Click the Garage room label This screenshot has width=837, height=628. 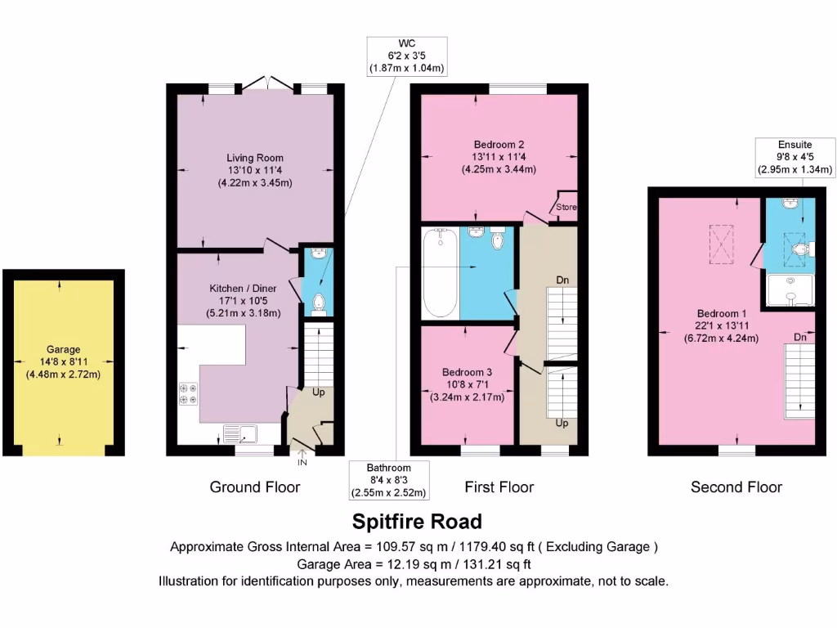(62, 362)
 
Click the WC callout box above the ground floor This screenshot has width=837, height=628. (406, 56)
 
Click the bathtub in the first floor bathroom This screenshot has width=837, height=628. (441, 272)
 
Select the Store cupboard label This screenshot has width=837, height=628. (566, 208)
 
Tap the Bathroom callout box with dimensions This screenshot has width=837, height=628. (388, 480)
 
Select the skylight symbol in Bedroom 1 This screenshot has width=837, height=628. (722, 244)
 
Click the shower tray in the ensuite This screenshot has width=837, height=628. (790, 290)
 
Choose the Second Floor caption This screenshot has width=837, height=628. (736, 487)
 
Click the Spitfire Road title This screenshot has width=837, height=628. (417, 521)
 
